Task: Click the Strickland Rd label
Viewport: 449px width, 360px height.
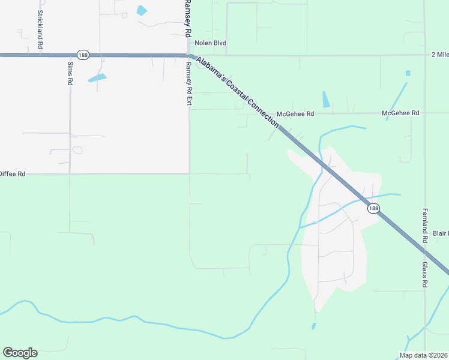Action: click(x=40, y=29)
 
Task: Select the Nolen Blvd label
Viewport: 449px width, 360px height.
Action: click(x=210, y=43)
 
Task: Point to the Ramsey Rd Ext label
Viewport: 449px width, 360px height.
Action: click(x=188, y=84)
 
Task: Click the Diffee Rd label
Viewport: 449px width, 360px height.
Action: click(x=13, y=174)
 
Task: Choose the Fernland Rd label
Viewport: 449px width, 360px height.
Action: click(x=424, y=225)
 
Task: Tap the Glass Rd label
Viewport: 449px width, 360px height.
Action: click(x=424, y=274)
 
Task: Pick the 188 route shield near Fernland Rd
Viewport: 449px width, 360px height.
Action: click(x=373, y=208)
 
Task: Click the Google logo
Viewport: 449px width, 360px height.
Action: click(x=20, y=353)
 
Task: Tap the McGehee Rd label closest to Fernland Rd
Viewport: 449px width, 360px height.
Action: click(x=401, y=113)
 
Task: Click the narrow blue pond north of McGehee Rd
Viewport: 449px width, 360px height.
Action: click(x=326, y=99)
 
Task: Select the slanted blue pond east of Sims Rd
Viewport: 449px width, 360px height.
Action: click(x=97, y=77)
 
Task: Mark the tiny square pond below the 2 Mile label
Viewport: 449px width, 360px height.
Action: click(x=408, y=73)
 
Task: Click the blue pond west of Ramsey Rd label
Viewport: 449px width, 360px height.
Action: click(x=142, y=10)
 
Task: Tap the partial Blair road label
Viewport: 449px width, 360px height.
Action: click(x=441, y=233)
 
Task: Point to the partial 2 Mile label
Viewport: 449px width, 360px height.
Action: click(x=439, y=55)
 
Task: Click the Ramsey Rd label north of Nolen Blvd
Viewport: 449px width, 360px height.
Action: click(x=188, y=19)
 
